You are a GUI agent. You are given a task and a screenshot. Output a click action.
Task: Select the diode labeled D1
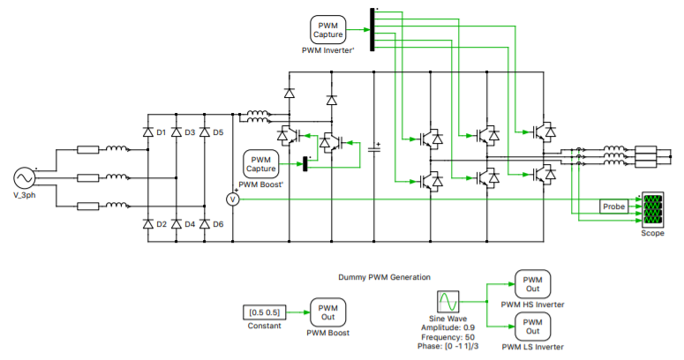[147, 132]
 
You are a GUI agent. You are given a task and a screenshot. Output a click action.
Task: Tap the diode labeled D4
[176, 223]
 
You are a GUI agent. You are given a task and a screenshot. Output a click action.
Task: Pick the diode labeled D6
[205, 223]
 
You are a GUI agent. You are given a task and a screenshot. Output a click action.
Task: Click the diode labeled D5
[205, 132]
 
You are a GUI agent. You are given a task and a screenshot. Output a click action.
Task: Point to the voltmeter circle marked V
[234, 199]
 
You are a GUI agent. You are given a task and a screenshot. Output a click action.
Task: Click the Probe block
[614, 206]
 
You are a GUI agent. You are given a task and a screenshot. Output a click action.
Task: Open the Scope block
[653, 209]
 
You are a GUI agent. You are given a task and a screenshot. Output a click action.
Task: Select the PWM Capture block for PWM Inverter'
[328, 30]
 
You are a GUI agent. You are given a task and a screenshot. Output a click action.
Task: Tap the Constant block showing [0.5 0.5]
[263, 312]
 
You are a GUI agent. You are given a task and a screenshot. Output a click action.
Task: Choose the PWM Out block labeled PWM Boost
[327, 312]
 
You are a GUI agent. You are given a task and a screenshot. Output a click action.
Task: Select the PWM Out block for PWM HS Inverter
[532, 284]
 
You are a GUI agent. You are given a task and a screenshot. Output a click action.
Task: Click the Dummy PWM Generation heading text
[384, 277]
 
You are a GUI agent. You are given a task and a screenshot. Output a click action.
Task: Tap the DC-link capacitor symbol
[373, 147]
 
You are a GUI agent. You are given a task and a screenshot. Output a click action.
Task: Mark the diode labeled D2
[147, 223]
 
